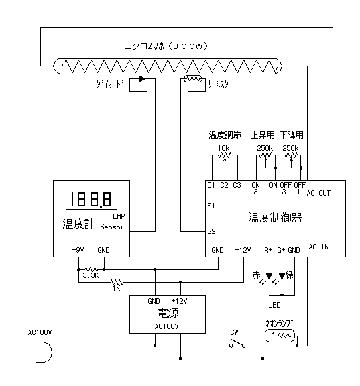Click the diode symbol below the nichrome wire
(x=142, y=79)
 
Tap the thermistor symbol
(x=193, y=79)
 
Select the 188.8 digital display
(x=91, y=200)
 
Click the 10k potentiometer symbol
(x=225, y=155)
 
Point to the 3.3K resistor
(x=91, y=269)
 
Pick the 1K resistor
(x=117, y=282)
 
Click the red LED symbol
(x=269, y=275)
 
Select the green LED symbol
(x=282, y=275)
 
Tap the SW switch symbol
(x=237, y=344)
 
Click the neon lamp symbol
(x=280, y=336)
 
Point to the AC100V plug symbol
(x=44, y=352)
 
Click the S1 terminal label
(x=211, y=206)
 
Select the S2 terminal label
(x=212, y=231)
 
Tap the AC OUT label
(x=318, y=193)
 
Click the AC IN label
(x=319, y=247)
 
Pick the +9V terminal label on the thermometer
(x=78, y=250)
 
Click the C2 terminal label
(x=224, y=185)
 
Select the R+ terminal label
(x=268, y=250)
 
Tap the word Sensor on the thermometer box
(x=112, y=227)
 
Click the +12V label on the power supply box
(x=179, y=301)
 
